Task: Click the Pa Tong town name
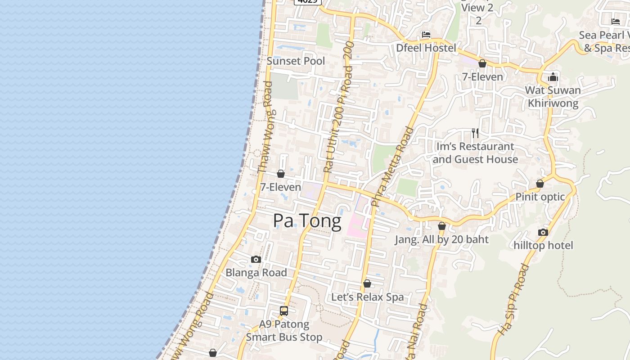pyautogui.click(x=307, y=221)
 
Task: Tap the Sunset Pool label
pyautogui.click(x=296, y=61)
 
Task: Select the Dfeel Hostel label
pyautogui.click(x=426, y=48)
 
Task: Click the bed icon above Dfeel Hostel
pyautogui.click(x=426, y=35)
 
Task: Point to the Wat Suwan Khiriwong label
pyautogui.click(x=553, y=96)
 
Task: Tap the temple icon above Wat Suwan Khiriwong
pyautogui.click(x=553, y=77)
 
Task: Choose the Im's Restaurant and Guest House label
pyautogui.click(x=475, y=153)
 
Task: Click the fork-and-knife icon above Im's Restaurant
pyautogui.click(x=475, y=133)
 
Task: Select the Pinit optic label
pyautogui.click(x=540, y=197)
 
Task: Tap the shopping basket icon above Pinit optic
pyautogui.click(x=540, y=184)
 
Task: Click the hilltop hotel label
pyautogui.click(x=543, y=245)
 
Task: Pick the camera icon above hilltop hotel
pyautogui.click(x=543, y=233)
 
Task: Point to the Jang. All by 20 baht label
pyautogui.click(x=441, y=239)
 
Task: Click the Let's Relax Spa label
pyautogui.click(x=367, y=297)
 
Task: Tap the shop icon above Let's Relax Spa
pyautogui.click(x=367, y=284)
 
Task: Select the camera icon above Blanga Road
pyautogui.click(x=256, y=260)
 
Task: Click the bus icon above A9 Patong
pyautogui.click(x=284, y=311)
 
